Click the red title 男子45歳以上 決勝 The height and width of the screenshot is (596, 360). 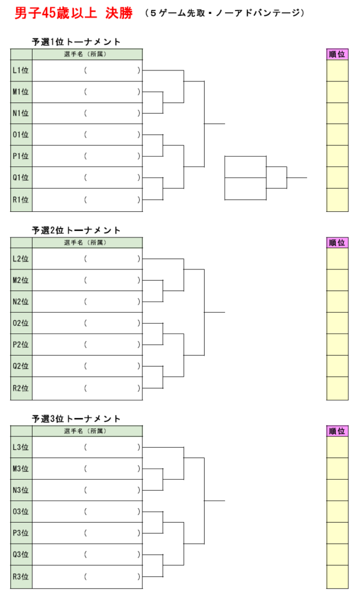[74, 13]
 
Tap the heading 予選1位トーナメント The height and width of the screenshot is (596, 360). [76, 42]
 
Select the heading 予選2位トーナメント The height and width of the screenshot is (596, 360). [76, 230]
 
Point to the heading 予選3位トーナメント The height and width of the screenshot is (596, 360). [76, 419]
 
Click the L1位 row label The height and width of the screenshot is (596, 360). [21, 70]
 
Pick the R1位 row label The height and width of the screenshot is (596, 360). [21, 200]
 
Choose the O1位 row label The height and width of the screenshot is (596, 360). [21, 134]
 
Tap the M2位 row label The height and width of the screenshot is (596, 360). [21, 280]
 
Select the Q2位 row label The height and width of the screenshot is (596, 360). [21, 366]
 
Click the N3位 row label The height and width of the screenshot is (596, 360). [21, 490]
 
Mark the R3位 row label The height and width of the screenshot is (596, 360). [21, 577]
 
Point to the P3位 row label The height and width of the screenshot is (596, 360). [21, 533]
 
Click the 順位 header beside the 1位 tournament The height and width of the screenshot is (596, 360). [337, 54]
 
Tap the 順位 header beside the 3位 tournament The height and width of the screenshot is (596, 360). [337, 431]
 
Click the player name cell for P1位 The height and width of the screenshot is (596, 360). [87, 156]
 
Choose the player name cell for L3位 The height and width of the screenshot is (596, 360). [87, 447]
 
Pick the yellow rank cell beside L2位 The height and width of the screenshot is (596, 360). [337, 259]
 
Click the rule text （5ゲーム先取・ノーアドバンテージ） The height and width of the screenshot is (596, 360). [225, 13]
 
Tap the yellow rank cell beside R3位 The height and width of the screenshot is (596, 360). [337, 577]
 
